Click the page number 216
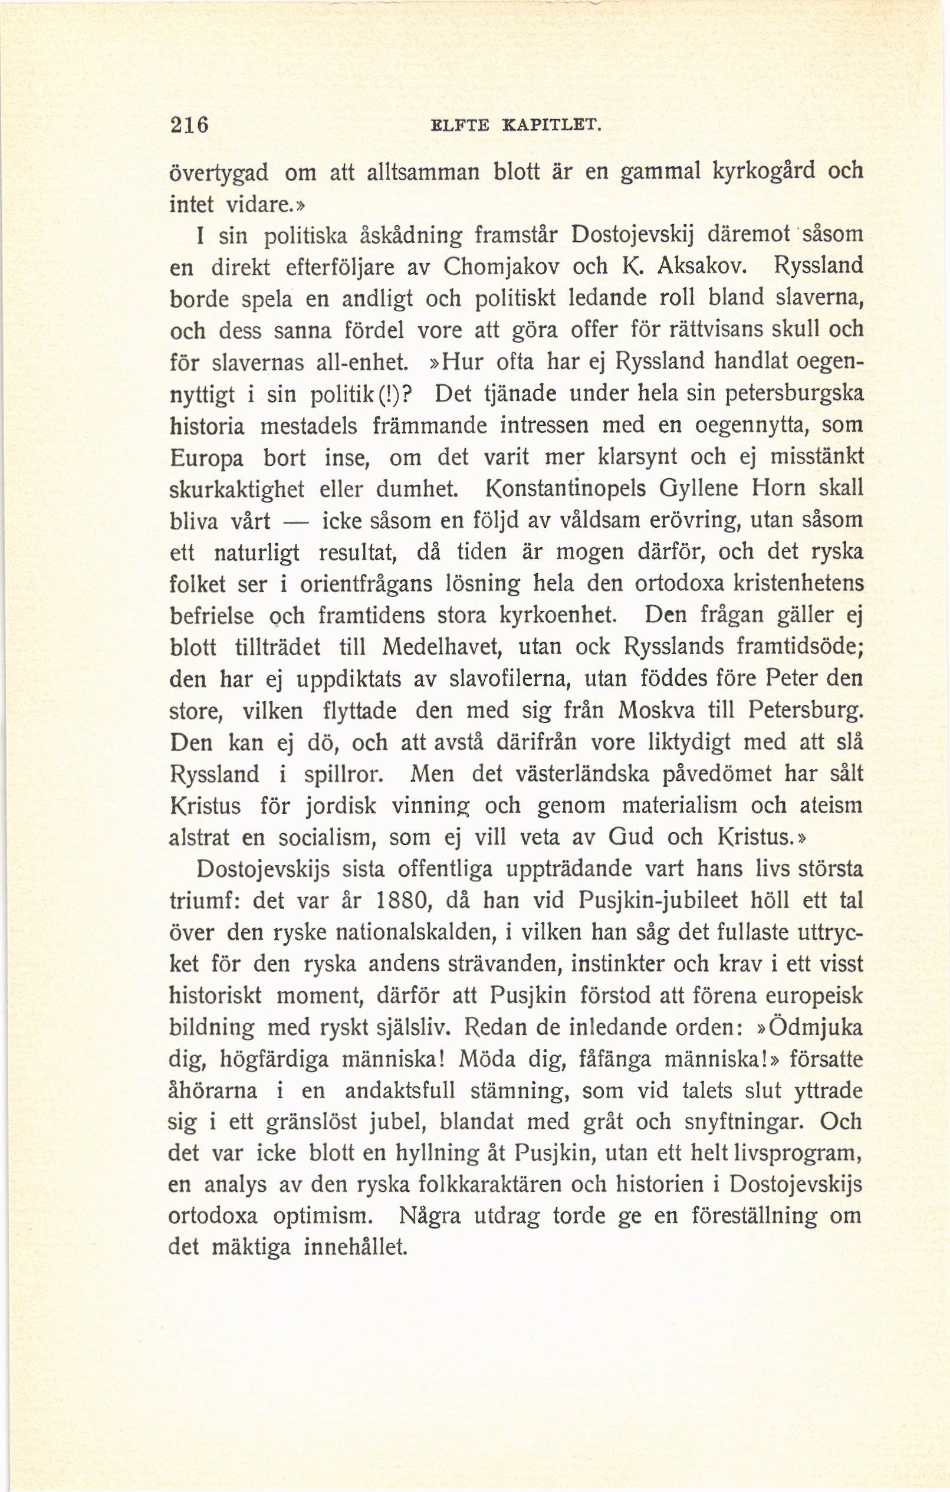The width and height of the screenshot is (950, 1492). coord(190,125)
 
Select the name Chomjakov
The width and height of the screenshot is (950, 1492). coord(502,267)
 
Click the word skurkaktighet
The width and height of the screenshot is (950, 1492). coord(236,489)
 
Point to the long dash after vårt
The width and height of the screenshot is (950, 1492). coord(295,522)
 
